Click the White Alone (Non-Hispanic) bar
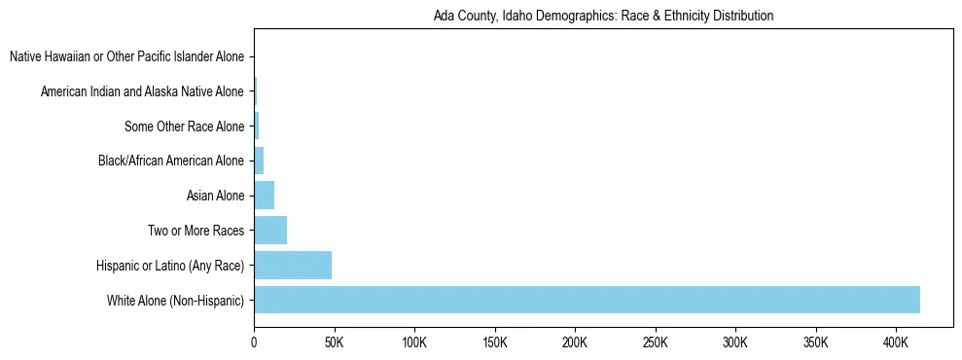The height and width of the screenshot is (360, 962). pos(587,300)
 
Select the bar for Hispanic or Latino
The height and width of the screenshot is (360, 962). pos(293,265)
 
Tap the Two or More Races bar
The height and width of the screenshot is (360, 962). pos(270,231)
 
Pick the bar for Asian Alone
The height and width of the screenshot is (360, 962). pos(264,196)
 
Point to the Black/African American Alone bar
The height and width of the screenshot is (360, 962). pos(259,161)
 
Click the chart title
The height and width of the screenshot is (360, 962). pos(603,17)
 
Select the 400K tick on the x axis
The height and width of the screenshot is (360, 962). pos(896,343)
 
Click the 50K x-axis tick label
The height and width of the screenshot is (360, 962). pos(335,343)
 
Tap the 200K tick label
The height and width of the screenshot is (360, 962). pos(575,343)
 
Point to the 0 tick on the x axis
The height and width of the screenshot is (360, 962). pos(254,343)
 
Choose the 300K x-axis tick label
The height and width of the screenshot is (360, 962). pos(735,343)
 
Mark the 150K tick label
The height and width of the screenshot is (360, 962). pos(495,343)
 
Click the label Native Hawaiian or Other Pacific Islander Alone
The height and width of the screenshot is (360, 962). pos(126,57)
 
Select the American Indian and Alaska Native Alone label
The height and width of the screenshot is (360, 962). pos(142,92)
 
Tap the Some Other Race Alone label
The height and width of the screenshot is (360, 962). pos(185,126)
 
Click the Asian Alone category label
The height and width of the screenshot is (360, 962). pos(215,197)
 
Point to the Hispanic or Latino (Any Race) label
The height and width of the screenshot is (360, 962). pos(170,266)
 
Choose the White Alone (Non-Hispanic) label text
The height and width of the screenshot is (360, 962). pos(175,301)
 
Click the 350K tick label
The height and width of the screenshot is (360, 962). pos(816,343)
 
